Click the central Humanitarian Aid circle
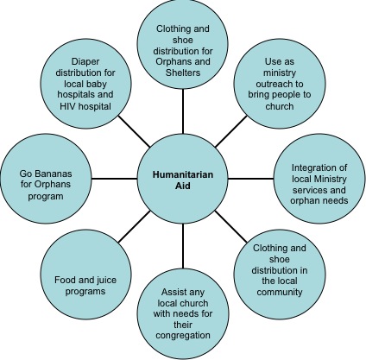tap(183, 179)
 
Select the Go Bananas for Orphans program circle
tap(46, 179)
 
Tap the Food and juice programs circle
tap(85, 274)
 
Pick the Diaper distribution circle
tap(85, 84)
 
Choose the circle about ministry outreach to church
tap(280, 84)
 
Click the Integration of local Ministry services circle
tap(319, 179)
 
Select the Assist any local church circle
tap(183, 314)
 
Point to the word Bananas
tap(54, 174)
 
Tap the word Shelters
tap(183, 73)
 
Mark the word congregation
tap(183, 336)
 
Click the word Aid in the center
tap(183, 186)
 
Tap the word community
tap(280, 292)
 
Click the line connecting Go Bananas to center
tap(115, 179)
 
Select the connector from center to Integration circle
tap(251, 179)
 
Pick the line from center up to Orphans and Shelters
tap(183, 111)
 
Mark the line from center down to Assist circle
tap(183, 246)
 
